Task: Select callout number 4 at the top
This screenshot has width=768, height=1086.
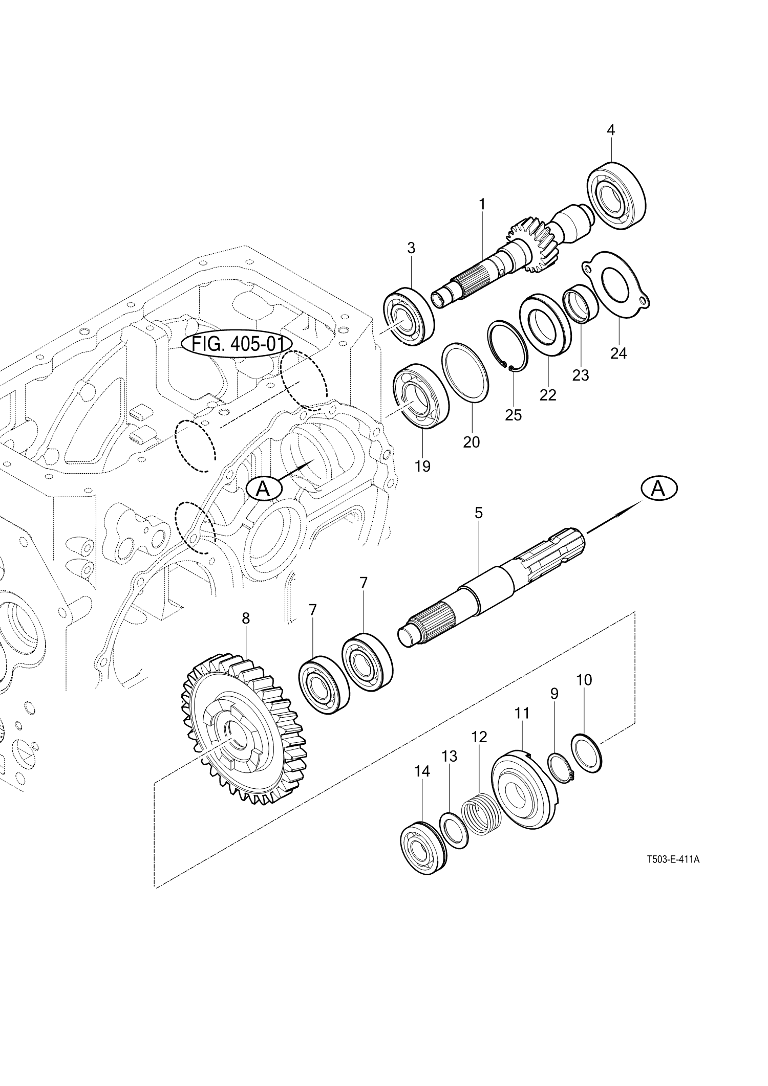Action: click(x=610, y=130)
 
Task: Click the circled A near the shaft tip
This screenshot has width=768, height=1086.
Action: click(x=658, y=489)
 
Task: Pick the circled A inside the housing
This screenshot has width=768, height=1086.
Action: click(x=264, y=489)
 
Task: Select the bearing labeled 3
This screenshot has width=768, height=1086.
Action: click(x=409, y=317)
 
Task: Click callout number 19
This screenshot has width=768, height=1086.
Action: click(x=422, y=466)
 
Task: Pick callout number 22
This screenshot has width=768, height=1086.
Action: click(x=547, y=394)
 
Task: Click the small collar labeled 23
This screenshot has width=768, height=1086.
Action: click(x=581, y=306)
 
